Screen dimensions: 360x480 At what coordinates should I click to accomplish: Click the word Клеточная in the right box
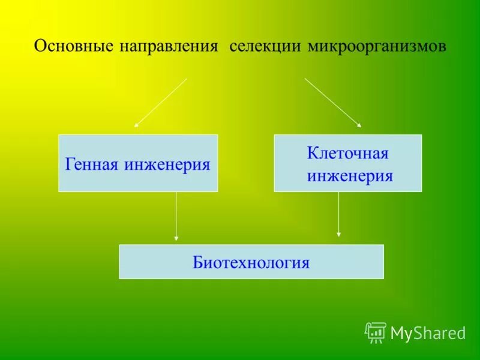pyautogui.click(x=348, y=154)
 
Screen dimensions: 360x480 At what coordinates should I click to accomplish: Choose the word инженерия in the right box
pyautogui.click(x=350, y=176)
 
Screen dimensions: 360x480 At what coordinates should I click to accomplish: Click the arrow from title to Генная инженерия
pyautogui.click(x=161, y=103)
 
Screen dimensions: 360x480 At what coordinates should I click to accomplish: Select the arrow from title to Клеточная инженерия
pyautogui.click(x=332, y=102)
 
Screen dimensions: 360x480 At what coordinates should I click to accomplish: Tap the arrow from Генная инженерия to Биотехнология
pyautogui.click(x=176, y=216)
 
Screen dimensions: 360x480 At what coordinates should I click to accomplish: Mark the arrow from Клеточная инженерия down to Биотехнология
pyautogui.click(x=339, y=214)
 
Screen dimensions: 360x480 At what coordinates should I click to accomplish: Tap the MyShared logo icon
pyautogui.click(x=376, y=332)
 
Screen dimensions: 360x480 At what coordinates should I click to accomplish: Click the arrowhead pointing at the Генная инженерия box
pyautogui.click(x=136, y=125)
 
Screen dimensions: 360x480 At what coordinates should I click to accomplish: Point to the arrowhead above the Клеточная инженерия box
pyautogui.click(x=359, y=125)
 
